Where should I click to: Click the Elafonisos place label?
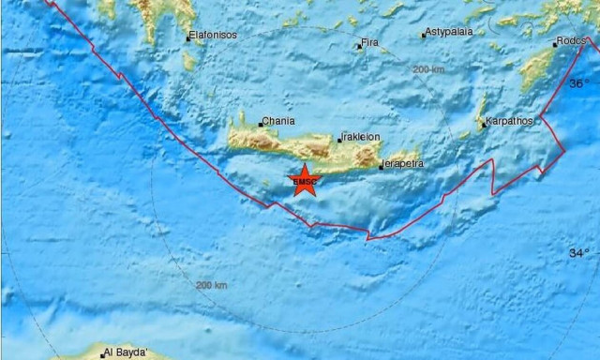click(213, 36)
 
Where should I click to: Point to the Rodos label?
click(571, 41)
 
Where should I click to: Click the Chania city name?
click(279, 121)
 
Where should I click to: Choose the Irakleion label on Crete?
click(361, 137)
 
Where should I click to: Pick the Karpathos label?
click(508, 122)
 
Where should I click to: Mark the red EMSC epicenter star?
click(305, 180)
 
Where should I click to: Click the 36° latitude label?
click(579, 83)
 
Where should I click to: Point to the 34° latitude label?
click(579, 253)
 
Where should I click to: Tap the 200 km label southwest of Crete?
click(211, 285)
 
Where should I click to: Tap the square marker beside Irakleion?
click(339, 139)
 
